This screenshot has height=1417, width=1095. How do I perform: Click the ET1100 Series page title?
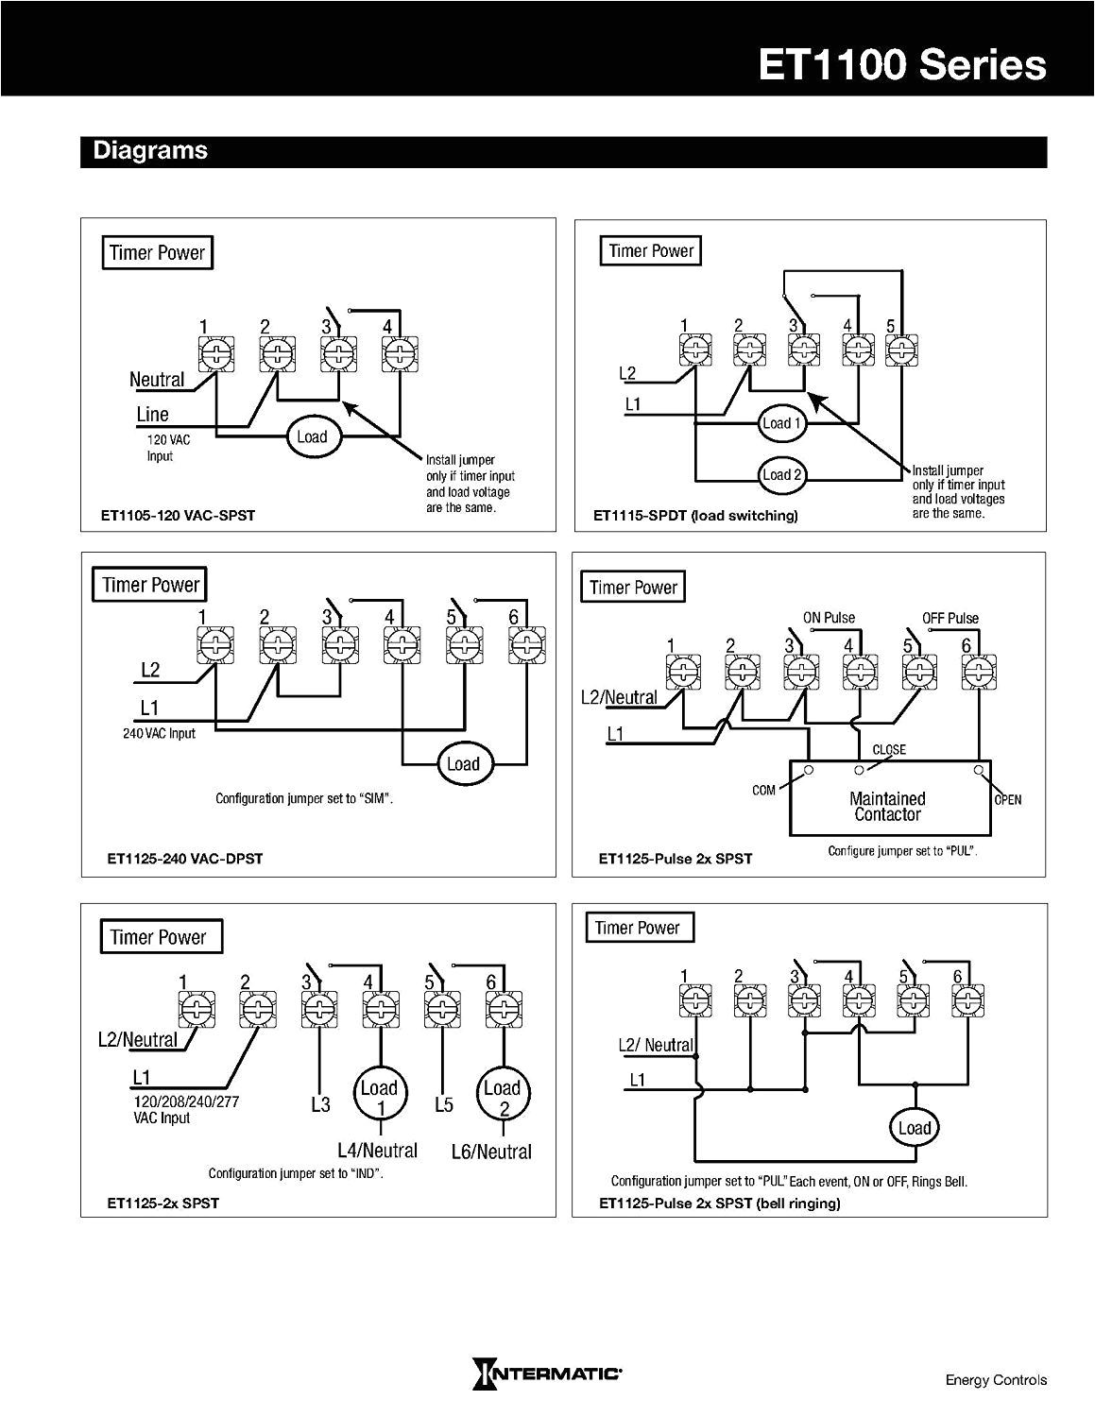[x=901, y=65]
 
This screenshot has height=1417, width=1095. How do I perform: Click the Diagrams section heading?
[x=150, y=151]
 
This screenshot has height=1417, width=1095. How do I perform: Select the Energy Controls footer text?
[x=996, y=1380]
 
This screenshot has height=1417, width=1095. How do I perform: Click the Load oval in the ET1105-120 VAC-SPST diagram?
[x=312, y=436]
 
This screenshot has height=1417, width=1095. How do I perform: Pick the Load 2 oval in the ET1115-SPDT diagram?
[x=782, y=475]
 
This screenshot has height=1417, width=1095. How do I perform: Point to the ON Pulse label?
[x=829, y=618]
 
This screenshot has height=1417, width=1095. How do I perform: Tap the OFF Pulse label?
[x=950, y=618]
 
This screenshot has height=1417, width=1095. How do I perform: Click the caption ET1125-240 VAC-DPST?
[x=185, y=859]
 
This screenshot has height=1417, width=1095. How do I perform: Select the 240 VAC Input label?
[x=159, y=733]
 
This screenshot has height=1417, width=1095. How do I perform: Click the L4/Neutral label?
[x=377, y=1151]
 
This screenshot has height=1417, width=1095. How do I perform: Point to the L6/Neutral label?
[x=491, y=1152]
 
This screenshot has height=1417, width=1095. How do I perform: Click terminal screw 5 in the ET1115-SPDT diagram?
[x=902, y=350]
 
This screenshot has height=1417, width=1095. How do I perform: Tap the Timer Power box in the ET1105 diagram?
[x=157, y=253]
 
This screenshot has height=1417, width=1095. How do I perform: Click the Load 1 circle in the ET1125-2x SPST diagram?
[x=379, y=1095]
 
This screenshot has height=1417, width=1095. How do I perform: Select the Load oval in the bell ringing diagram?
[x=914, y=1128]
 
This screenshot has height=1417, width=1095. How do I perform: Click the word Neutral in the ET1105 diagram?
[x=157, y=380]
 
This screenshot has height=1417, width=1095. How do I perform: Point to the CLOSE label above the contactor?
[x=888, y=749]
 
